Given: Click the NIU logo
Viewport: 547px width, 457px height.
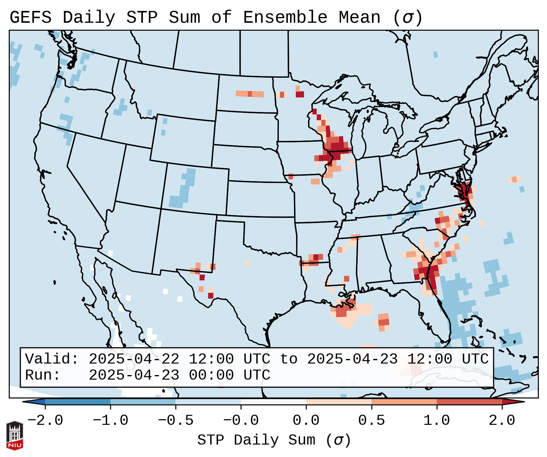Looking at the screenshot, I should (x=15, y=435).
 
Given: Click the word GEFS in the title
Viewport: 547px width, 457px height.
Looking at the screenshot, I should (x=30, y=18).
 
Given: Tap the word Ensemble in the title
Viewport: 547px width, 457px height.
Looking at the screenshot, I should (x=285, y=18).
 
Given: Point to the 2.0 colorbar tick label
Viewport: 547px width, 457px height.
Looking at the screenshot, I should (x=502, y=421).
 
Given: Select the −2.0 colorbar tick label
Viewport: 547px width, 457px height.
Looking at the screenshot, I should (x=45, y=421).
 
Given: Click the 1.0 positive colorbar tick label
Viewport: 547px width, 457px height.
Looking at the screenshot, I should (x=437, y=421).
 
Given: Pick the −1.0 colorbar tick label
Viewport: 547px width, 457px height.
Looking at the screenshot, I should (x=110, y=421).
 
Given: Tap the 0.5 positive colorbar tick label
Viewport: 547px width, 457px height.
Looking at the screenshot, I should (x=371, y=421).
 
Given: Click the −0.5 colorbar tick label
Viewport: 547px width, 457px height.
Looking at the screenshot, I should (x=176, y=421).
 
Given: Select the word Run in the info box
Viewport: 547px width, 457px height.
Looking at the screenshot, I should (x=42, y=375).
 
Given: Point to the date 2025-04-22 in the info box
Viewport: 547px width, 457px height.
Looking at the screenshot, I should (x=134, y=359).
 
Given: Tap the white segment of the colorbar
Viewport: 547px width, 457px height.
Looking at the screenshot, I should (x=273, y=402).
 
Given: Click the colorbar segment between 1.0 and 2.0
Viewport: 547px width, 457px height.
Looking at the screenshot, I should (x=469, y=402).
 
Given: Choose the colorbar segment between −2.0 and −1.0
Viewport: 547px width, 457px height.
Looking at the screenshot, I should (x=78, y=402).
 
